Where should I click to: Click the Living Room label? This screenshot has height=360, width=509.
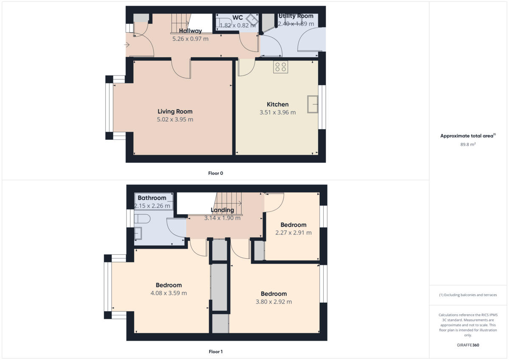pyautogui.click(x=175, y=112)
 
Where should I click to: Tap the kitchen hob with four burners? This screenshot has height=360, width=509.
pyautogui.click(x=280, y=67)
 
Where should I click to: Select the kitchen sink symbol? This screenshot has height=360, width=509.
pyautogui.click(x=313, y=104)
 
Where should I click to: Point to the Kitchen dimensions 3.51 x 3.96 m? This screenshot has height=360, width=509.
pyautogui.click(x=277, y=112)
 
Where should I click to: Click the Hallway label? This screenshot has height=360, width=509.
pyautogui.click(x=190, y=31)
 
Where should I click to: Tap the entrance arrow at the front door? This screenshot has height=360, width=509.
pyautogui.click(x=128, y=44)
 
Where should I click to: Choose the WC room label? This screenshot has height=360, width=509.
pyautogui.click(x=238, y=17)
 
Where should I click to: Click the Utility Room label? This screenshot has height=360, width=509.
pyautogui.click(x=296, y=16)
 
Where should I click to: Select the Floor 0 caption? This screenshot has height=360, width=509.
pyautogui.click(x=215, y=173)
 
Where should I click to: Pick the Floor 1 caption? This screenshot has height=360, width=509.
pyautogui.click(x=215, y=352)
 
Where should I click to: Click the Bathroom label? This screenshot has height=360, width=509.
pyautogui.click(x=152, y=198)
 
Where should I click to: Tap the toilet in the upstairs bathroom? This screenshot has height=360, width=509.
pyautogui.click(x=141, y=219)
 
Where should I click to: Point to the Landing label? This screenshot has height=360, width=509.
pyautogui.click(x=222, y=210)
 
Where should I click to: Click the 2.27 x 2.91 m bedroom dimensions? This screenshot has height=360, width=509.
pyautogui.click(x=293, y=233)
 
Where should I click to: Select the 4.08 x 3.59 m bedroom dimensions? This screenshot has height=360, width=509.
pyautogui.click(x=168, y=293)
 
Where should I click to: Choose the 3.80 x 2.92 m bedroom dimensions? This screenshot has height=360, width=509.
pyautogui.click(x=274, y=301)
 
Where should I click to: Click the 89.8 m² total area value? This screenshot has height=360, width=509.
pyautogui.click(x=468, y=144)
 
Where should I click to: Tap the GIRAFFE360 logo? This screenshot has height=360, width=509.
pyautogui.click(x=468, y=345)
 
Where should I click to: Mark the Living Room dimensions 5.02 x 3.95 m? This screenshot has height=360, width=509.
pyautogui.click(x=175, y=120)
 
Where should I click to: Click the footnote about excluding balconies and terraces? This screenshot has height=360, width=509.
pyautogui.click(x=468, y=295)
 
